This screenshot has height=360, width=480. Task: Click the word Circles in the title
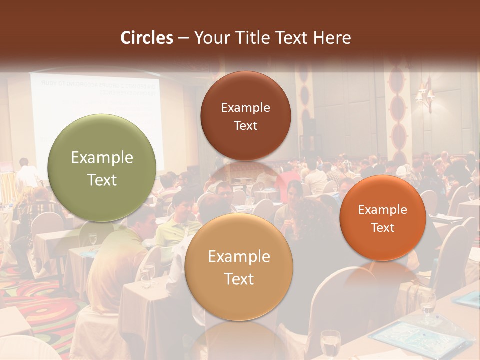click(x=146, y=38)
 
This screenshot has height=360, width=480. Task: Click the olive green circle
click(x=102, y=168)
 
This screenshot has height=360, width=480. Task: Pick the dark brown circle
click(x=245, y=116)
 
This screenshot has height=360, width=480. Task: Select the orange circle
click(x=383, y=218)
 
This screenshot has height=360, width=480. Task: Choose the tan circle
click(x=239, y=267)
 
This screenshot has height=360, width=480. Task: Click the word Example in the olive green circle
click(x=102, y=158)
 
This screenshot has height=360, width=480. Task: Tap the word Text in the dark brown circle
click(x=245, y=125)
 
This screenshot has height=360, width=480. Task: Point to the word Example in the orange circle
click(x=383, y=210)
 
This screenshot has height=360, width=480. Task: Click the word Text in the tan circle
click(x=239, y=279)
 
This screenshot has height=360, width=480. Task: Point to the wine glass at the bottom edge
click(x=330, y=345)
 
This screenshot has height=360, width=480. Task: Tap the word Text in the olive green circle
click(x=102, y=180)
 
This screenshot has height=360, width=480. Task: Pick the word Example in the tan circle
click(x=239, y=256)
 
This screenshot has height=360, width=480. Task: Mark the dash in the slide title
click(x=183, y=38)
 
